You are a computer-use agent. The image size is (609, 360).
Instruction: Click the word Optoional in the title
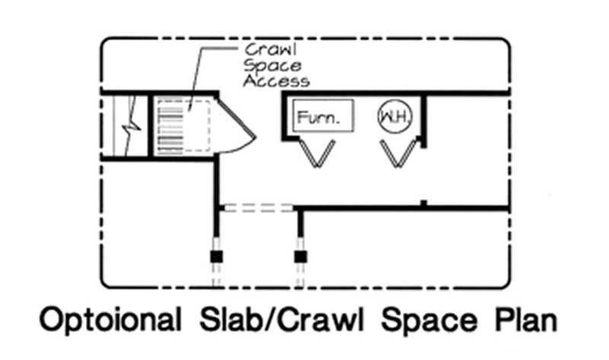(x=110, y=320)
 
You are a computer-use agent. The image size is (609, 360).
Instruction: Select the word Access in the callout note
(x=276, y=80)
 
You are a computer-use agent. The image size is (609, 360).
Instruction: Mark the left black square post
(x=215, y=256)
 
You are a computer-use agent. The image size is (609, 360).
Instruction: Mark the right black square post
(x=301, y=256)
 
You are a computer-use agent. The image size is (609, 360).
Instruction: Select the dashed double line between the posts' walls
(x=257, y=207)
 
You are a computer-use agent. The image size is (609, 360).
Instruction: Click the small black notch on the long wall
(x=423, y=203)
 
